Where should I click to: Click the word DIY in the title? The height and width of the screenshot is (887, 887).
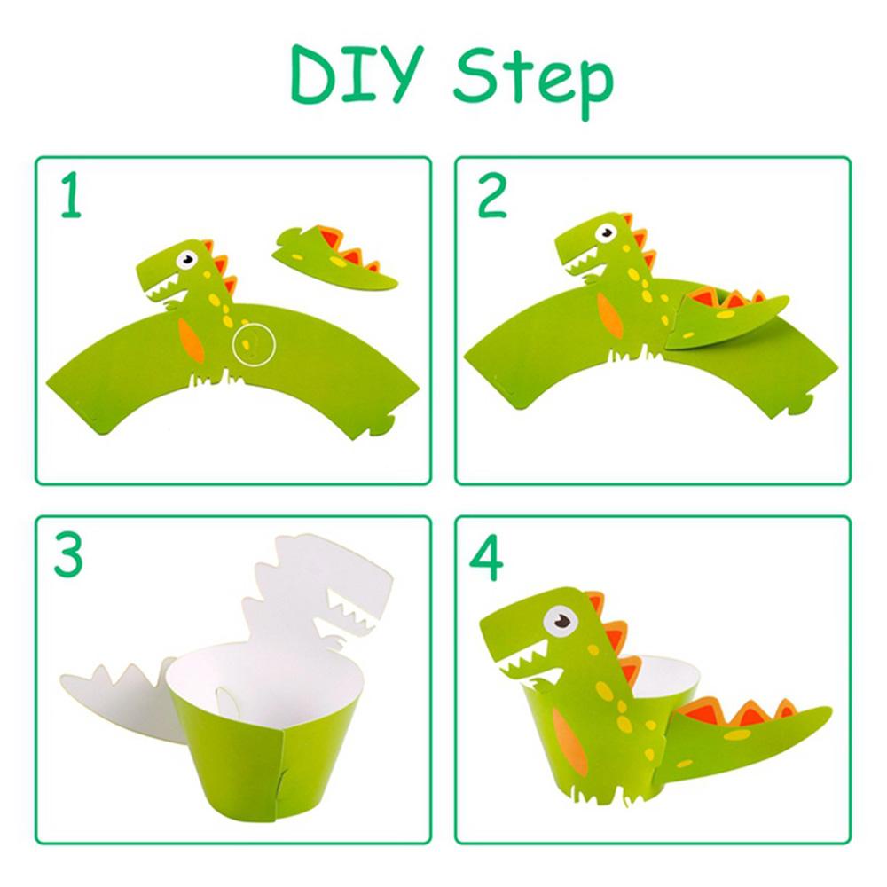point(357,74)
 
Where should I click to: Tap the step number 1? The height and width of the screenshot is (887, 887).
point(71,194)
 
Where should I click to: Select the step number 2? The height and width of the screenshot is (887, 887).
point(491,196)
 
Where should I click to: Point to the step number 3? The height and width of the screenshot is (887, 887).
point(68,555)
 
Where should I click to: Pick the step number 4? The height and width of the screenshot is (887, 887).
point(486,557)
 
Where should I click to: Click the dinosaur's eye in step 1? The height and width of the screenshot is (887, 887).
point(186,260)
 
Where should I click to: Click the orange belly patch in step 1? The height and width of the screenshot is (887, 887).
point(190,338)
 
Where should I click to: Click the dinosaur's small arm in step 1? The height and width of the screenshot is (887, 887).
point(171,304)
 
